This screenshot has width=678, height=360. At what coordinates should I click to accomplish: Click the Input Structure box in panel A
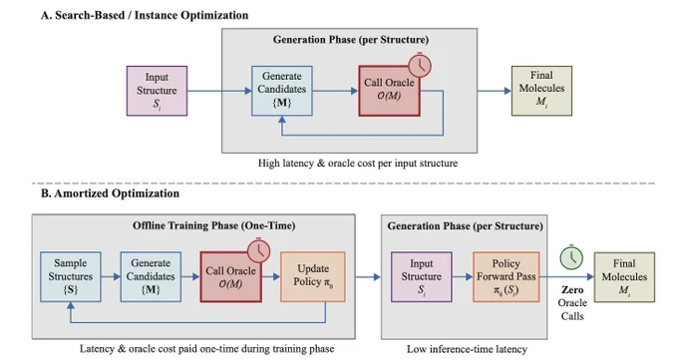click(157, 91)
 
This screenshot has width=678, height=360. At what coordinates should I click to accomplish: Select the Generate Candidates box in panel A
click(282, 91)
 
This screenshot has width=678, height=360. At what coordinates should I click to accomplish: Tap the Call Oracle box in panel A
click(389, 91)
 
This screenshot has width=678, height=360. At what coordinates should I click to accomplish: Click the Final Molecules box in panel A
click(541, 91)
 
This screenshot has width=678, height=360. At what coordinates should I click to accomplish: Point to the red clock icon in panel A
click(420, 66)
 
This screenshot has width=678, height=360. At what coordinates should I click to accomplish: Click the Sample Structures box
click(71, 277)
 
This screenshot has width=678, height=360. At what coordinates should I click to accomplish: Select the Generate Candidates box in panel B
click(151, 277)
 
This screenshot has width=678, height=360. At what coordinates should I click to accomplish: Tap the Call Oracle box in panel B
click(231, 277)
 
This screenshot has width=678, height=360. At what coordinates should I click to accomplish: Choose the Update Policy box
click(313, 277)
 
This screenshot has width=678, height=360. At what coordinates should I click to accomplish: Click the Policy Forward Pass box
click(507, 277)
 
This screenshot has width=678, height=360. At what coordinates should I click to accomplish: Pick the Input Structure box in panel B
click(422, 277)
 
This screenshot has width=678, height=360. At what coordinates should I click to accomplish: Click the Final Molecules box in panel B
click(624, 277)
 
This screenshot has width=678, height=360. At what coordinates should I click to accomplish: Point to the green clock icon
click(571, 257)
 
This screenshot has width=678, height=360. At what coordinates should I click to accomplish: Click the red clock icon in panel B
click(259, 250)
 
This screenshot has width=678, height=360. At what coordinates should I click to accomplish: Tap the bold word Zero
click(572, 290)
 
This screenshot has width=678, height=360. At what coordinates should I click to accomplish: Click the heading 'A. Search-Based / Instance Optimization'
click(145, 16)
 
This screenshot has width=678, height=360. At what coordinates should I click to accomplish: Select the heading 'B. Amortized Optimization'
click(110, 193)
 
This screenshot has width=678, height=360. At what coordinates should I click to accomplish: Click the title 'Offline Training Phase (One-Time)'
click(214, 225)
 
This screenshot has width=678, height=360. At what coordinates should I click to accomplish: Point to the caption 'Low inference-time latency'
click(467, 349)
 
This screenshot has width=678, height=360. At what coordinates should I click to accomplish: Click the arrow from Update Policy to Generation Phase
click(368, 277)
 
